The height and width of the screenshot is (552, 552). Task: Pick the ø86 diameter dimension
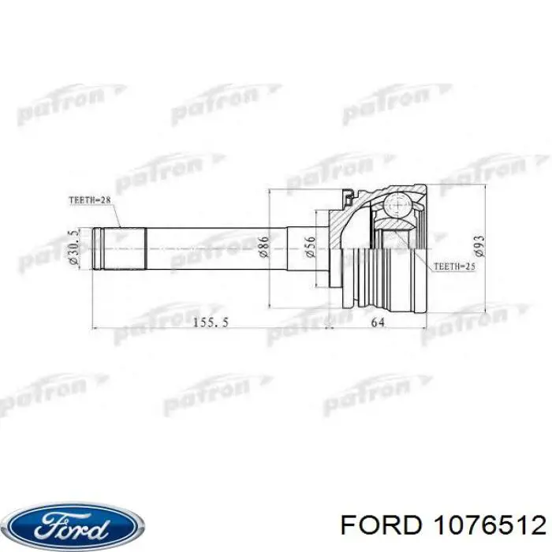pyautogui.click(x=265, y=248)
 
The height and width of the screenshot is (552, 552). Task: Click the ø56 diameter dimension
pyautogui.click(x=311, y=248)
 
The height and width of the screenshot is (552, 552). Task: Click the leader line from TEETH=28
pyautogui.click(x=114, y=217)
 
